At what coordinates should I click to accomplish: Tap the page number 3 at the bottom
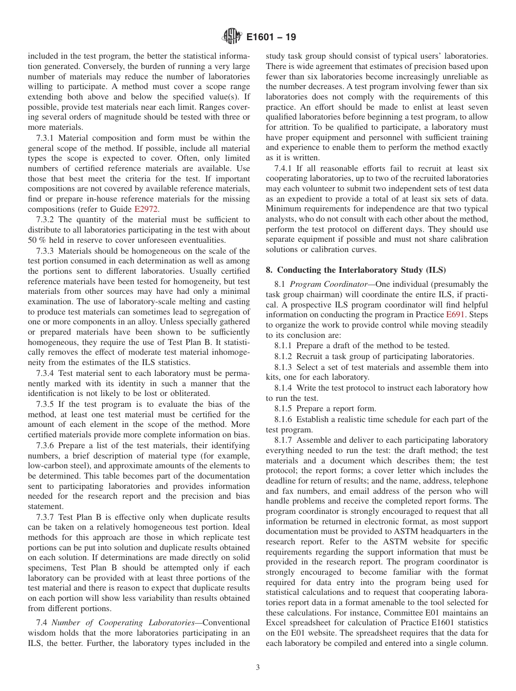tap(257, 667)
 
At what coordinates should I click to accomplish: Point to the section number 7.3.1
tap(47, 137)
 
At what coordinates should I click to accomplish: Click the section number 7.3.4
tap(47, 373)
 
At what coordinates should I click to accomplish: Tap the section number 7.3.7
tap(47, 517)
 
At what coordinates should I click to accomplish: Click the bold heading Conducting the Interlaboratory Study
tap(367, 269)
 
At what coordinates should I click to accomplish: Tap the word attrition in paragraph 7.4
tap(297, 127)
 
